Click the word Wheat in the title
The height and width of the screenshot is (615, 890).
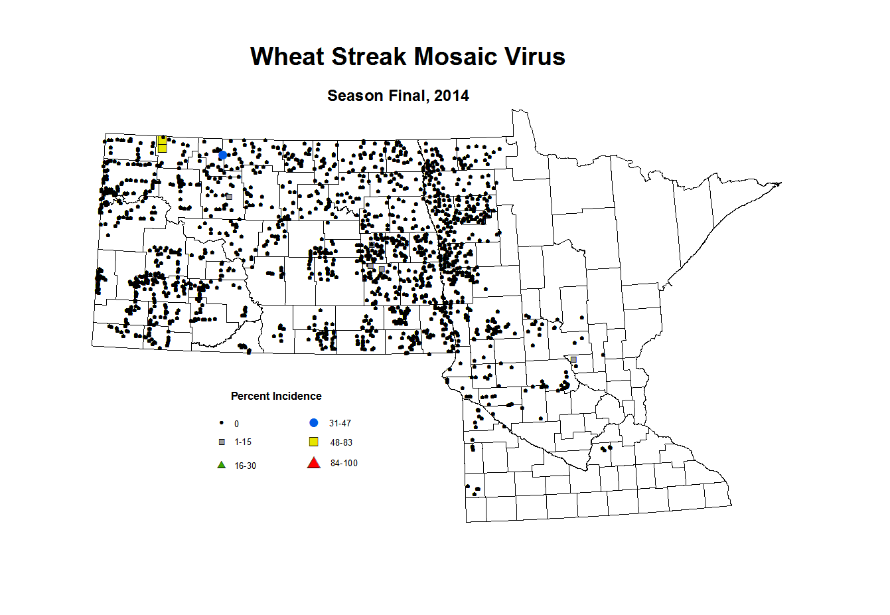[287, 56]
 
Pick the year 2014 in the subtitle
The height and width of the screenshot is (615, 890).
[451, 96]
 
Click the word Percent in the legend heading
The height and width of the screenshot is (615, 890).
[250, 396]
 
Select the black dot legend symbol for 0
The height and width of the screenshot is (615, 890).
[222, 423]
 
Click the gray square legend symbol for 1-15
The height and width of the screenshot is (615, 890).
[222, 442]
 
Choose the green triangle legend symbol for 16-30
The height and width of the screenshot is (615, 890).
[222, 465]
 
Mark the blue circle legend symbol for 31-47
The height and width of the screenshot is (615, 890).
[314, 422]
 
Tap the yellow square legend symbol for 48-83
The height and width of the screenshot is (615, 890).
[314, 442]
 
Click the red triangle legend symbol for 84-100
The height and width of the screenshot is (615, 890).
[314, 463]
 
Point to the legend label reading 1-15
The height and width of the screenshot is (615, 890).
[243, 442]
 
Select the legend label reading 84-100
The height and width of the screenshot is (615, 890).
[344, 464]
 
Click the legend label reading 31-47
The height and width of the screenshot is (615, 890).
[340, 424]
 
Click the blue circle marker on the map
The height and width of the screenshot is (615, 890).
[223, 155]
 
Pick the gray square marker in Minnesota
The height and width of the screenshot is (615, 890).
[573, 359]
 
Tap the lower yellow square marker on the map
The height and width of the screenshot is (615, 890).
[162, 148]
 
